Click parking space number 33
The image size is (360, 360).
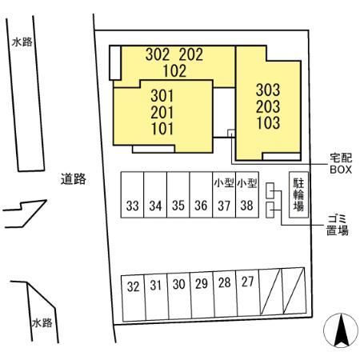[132, 195]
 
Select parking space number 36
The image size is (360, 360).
[201, 195]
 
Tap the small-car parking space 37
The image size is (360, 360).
[224, 195]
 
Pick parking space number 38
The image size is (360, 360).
[247, 195]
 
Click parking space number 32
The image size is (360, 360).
[134, 298]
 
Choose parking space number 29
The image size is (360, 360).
[202, 295]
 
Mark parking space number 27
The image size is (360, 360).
[248, 293]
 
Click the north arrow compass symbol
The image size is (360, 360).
[341, 330]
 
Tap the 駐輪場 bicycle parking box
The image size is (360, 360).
[298, 195]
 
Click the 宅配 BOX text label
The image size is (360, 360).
[341, 164]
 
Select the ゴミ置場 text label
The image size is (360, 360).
[338, 225]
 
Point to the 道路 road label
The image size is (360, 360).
[74, 179]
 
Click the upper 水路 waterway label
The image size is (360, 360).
[22, 42]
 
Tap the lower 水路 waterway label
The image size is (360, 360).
[42, 323]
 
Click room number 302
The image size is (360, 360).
[158, 54]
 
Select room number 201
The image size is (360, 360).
[162, 112]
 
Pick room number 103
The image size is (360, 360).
[268, 123]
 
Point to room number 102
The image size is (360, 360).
[174, 71]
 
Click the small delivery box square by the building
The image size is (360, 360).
[231, 134]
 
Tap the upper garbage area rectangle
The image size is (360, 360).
[270, 190]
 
